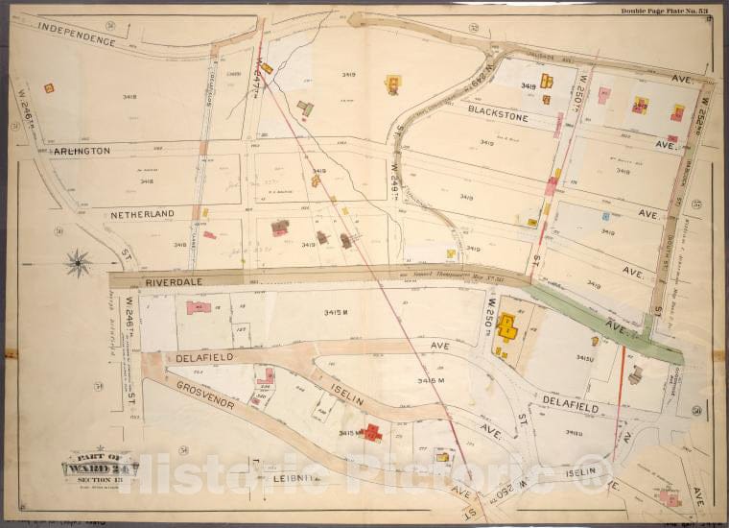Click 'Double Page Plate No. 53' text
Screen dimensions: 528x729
point(664,11)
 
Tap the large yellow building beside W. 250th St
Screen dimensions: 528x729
point(506,328)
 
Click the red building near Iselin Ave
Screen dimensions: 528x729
point(371,433)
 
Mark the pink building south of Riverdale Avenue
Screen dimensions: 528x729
point(199,307)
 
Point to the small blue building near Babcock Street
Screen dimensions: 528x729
point(605,216)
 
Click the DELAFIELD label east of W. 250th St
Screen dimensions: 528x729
point(572,407)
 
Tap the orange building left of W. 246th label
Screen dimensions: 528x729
point(49,88)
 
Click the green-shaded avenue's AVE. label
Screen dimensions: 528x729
point(611,326)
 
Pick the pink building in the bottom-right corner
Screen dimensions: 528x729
point(670,498)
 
